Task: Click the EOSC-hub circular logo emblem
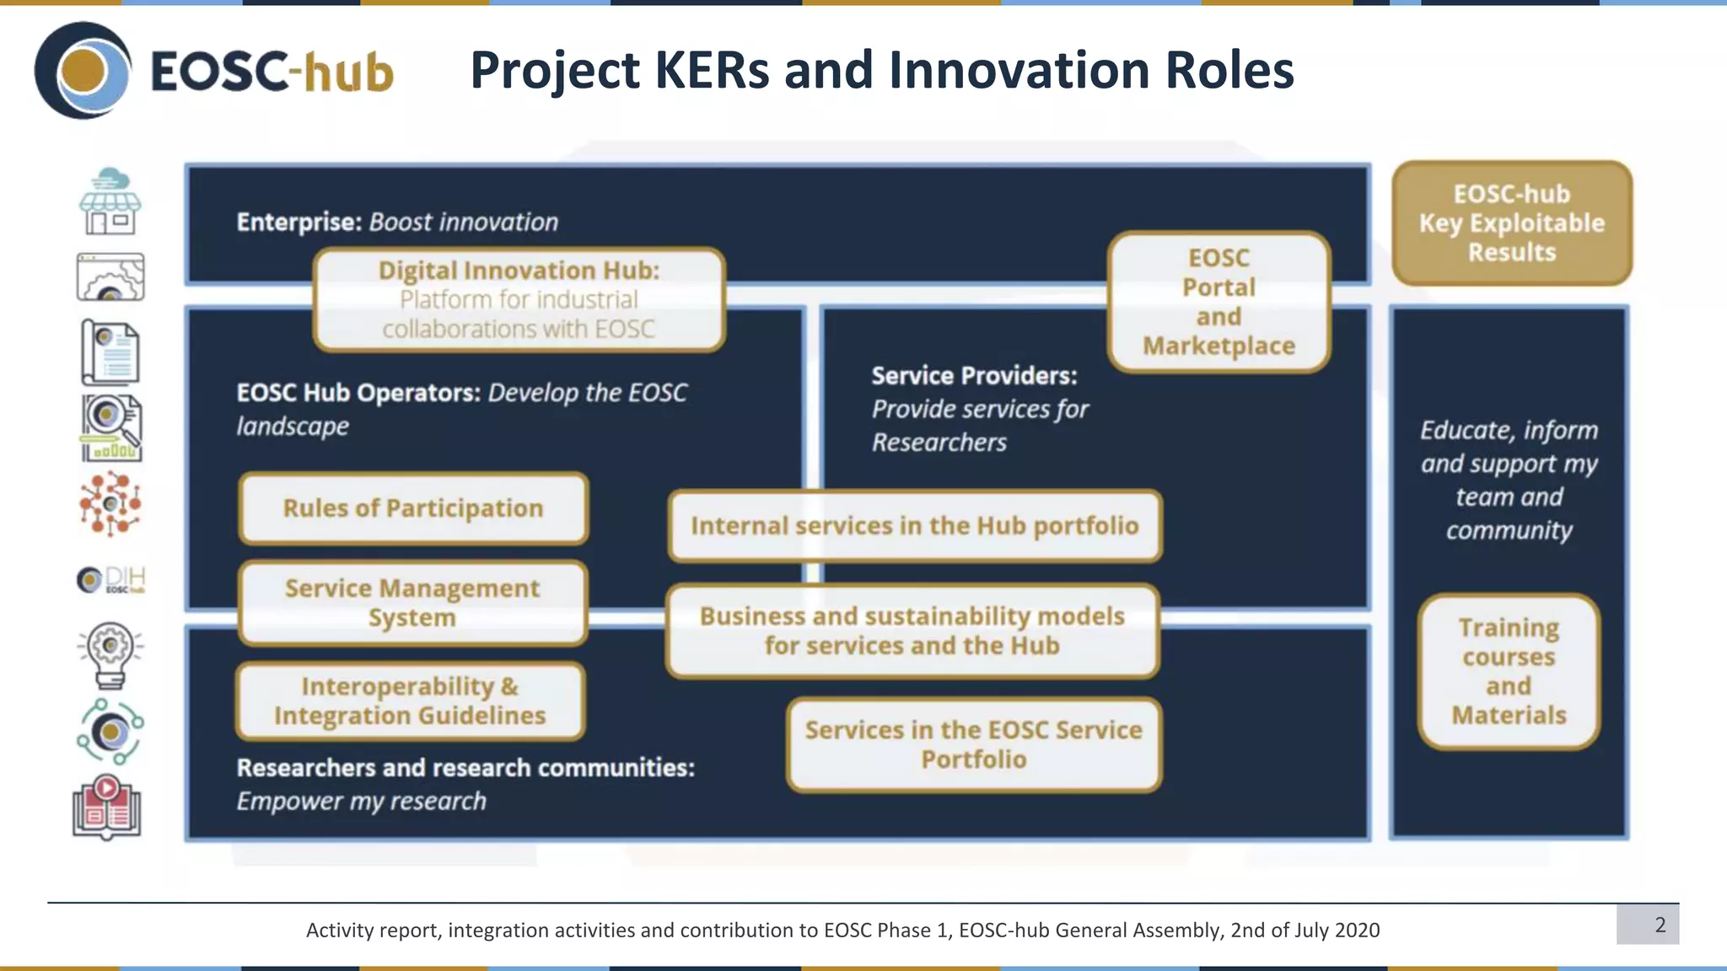[83, 71]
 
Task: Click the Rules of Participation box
[413, 508]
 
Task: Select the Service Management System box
[412, 603]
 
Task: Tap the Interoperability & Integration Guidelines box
[410, 701]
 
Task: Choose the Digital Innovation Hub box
[519, 299]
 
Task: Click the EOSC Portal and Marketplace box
[1219, 302]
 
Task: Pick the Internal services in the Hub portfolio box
[915, 526]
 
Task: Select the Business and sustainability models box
[912, 630]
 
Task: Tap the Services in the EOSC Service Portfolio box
[974, 744]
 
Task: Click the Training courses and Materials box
[1509, 672]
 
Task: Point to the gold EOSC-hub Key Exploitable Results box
[1512, 223]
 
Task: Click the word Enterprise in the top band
[299, 222]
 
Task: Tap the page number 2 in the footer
[1660, 925]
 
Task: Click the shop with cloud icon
[110, 202]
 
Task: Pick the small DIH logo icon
[110, 580]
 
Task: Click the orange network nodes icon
[110, 503]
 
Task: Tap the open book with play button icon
[107, 807]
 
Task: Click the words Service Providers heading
[974, 376]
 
